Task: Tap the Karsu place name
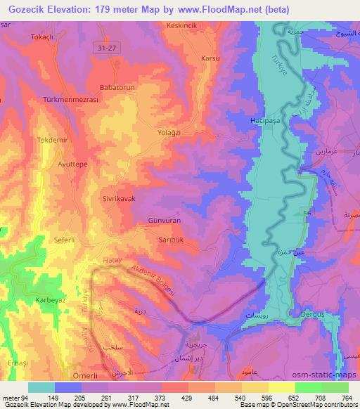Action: [211, 58]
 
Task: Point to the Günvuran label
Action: [164, 220]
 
